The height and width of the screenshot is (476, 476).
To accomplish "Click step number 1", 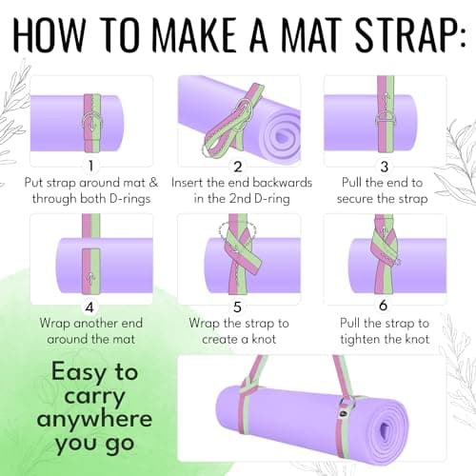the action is tap(91, 166).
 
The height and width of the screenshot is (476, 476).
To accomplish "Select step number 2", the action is tap(237, 167).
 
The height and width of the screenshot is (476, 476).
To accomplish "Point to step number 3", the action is tap(385, 167).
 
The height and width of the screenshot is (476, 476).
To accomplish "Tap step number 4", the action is tap(89, 307).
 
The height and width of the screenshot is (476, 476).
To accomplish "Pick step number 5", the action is tap(237, 307).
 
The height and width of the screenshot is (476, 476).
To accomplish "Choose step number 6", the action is tap(384, 306).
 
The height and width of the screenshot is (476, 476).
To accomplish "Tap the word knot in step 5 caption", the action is tap(264, 339).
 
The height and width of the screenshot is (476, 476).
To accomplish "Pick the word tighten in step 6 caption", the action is tap(361, 339).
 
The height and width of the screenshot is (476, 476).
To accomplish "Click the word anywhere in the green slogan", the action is tap(94, 419).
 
